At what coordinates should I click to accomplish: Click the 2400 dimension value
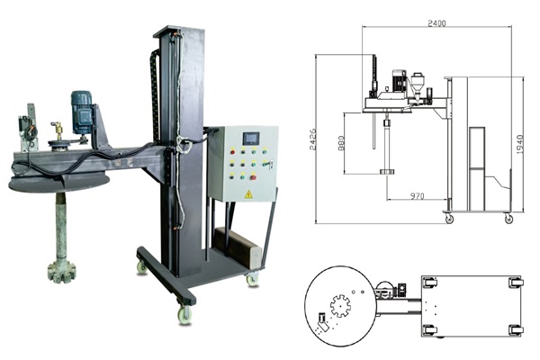436,23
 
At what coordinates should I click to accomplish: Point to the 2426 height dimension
312,139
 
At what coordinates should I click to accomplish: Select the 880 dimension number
340,143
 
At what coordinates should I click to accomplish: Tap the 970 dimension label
418,196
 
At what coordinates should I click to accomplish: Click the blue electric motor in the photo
82,112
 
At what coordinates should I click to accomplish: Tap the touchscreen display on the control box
252,139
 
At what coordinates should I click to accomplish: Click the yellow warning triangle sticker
248,194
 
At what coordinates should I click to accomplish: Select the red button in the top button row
232,151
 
